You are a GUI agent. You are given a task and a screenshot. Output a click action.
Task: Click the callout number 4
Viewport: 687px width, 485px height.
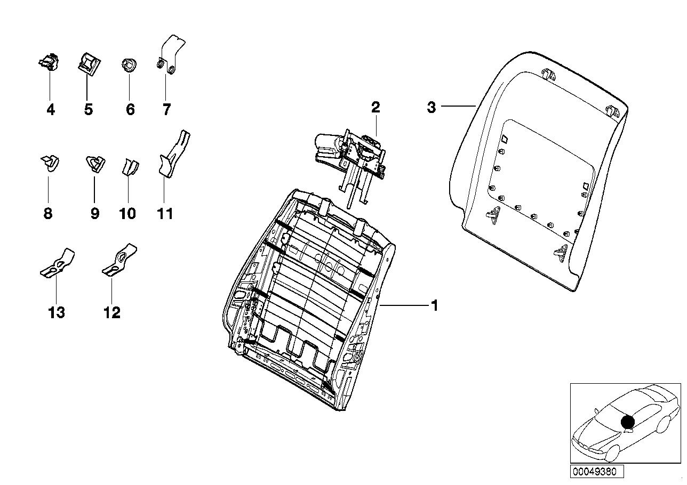click(51, 110)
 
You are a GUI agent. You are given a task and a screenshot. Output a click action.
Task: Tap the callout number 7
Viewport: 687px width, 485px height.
click(166, 110)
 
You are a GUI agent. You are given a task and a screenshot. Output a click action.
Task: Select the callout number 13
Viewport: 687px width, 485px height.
click(56, 312)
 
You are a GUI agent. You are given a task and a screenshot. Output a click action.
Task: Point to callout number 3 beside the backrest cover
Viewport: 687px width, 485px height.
click(431, 107)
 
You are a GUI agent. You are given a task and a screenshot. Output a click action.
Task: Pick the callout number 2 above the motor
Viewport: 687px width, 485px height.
click(376, 108)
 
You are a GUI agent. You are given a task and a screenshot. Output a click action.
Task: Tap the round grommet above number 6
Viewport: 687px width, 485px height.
click(129, 66)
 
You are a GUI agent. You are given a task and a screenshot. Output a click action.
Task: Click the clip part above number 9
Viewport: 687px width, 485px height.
click(94, 163)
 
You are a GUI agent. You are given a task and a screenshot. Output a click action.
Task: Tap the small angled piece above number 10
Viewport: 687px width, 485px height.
click(129, 166)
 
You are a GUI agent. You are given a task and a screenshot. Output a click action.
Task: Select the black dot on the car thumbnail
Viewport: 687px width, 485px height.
click(628, 422)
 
